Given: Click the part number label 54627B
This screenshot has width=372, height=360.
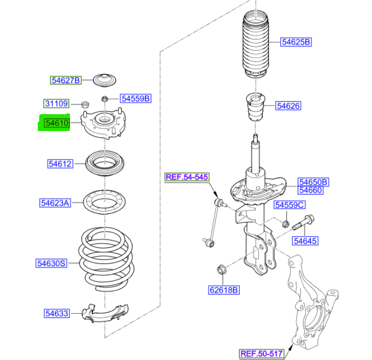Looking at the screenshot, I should click(65, 80).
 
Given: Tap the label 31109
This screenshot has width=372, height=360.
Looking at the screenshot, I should click(56, 104).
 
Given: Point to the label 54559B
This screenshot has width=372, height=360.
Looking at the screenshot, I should click(135, 98).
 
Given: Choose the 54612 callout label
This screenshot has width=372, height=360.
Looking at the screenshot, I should click(60, 164).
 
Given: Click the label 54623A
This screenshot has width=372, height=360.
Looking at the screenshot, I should click(55, 203).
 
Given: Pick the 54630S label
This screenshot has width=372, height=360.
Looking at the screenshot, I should click(51, 264).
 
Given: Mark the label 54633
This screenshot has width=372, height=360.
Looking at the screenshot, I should click(56, 313).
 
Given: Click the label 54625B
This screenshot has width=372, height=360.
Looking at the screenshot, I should click(296, 42).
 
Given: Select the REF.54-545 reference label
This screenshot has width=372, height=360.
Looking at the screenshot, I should click(187, 177).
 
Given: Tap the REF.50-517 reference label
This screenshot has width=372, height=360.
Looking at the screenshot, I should click(262, 353).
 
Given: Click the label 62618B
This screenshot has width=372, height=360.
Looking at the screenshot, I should click(224, 290).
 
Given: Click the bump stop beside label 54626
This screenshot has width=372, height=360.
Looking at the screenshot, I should click(255, 106).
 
